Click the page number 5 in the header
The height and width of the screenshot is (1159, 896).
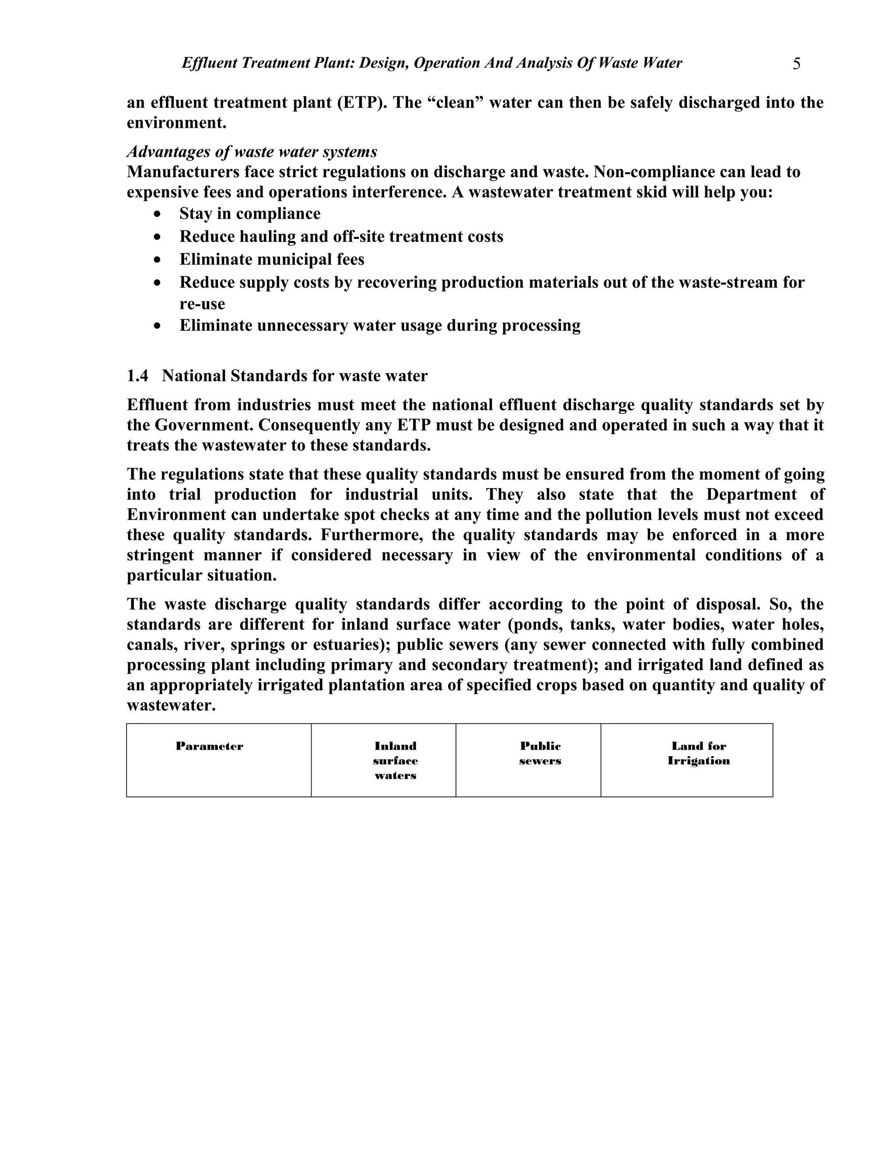pos(796,64)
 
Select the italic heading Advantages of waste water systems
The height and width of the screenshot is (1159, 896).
pos(252,152)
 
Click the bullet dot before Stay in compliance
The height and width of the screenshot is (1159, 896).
pos(157,214)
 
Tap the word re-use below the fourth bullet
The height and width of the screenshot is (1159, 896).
pos(202,304)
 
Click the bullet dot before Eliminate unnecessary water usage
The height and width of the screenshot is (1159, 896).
pos(157,326)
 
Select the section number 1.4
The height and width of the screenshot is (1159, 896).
pos(137,376)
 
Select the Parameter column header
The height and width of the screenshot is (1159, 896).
pos(209,746)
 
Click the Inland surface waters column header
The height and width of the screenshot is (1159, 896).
pos(395,761)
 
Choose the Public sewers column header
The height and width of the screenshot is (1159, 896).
pos(540,753)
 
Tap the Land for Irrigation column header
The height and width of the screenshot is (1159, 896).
pos(699,753)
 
